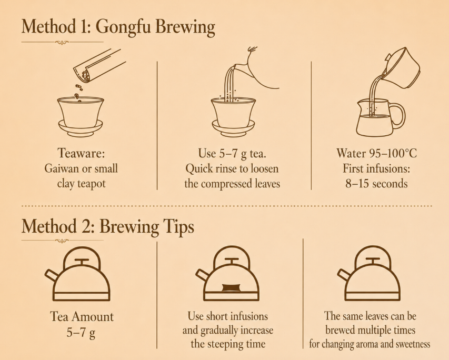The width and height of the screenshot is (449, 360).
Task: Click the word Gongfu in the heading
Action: pyautogui.click(x=123, y=27)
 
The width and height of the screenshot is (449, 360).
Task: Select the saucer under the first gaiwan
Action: pyautogui.click(x=81, y=128)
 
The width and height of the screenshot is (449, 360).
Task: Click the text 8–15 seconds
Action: pyautogui.click(x=376, y=183)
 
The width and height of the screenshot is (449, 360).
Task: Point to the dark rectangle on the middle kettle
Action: pyautogui.click(x=231, y=288)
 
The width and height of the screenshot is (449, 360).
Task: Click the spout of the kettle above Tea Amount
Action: pyautogui.click(x=52, y=275)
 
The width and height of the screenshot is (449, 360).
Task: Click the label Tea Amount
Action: pyautogui.click(x=82, y=317)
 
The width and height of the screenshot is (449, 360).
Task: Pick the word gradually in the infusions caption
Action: pyautogui.click(x=219, y=331)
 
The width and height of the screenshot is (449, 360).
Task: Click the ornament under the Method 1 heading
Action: pyautogui.click(x=62, y=43)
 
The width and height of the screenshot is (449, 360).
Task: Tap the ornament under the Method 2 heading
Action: pyautogui.click(x=62, y=241)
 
